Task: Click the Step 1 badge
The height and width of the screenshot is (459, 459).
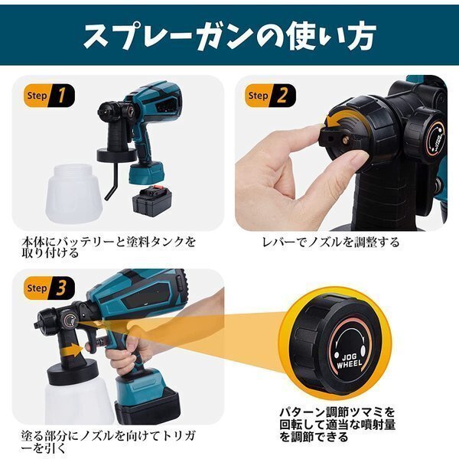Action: [49, 96]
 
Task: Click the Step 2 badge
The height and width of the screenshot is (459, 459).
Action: [270, 96]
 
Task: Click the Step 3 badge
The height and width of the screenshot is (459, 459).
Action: [49, 288]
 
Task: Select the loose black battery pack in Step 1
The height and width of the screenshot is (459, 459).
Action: [151, 201]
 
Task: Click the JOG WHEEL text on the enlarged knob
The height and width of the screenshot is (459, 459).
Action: [350, 361]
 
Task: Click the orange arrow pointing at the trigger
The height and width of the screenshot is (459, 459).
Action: [73, 350]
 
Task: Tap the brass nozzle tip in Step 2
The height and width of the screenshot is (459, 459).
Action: [346, 140]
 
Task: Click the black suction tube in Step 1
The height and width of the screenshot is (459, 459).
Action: [113, 181]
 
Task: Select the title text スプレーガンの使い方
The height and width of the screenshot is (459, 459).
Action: [229, 36]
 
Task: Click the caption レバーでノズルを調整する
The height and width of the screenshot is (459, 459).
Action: [330, 243]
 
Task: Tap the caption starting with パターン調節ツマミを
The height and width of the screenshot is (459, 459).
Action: [337, 424]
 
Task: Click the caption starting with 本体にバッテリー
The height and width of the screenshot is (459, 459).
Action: [109, 247]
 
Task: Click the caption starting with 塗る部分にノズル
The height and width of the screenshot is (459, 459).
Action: [109, 441]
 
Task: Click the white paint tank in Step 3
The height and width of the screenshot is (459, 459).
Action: [79, 400]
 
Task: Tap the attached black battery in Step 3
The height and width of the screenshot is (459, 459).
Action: [148, 406]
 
